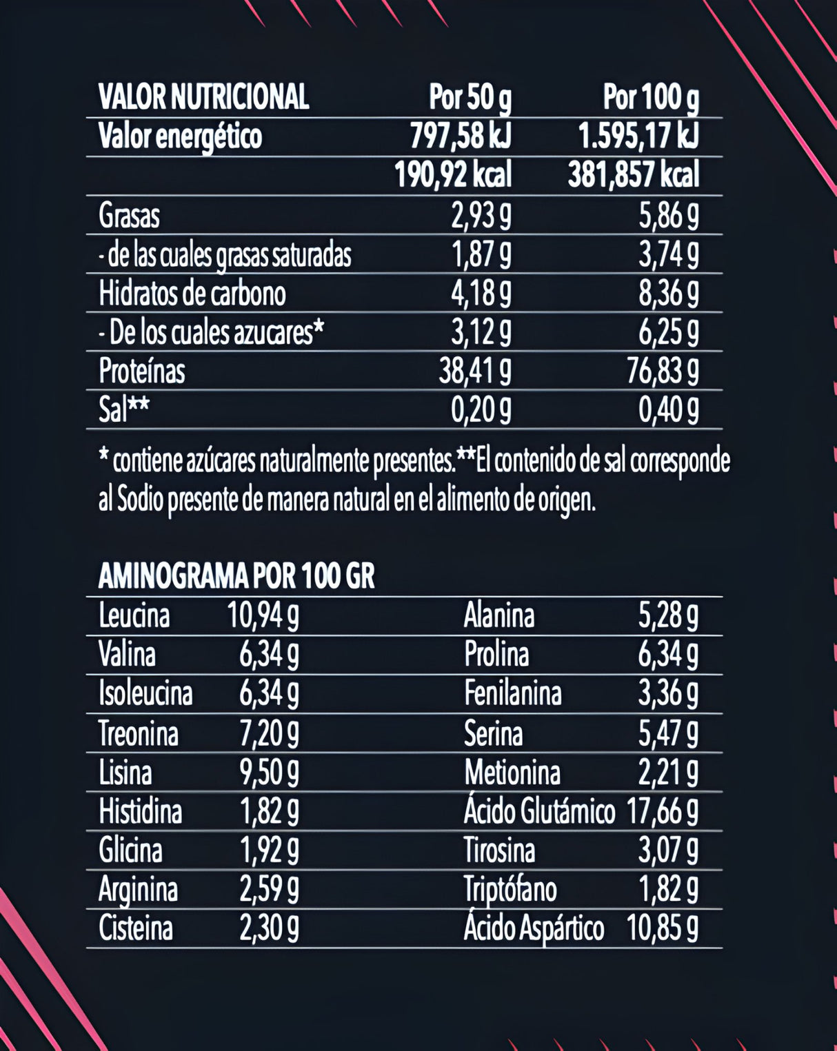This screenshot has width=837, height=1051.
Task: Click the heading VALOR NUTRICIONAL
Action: point(203,97)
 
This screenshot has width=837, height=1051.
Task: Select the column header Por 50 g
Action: point(470,97)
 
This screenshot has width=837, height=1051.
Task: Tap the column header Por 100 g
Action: point(651,97)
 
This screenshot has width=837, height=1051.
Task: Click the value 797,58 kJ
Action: point(461,136)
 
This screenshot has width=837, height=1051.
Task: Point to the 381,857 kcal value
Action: point(633,175)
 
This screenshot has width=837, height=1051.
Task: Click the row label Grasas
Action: point(129,216)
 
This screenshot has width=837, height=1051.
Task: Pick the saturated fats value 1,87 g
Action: point(481,255)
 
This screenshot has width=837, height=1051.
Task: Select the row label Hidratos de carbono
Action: point(192,294)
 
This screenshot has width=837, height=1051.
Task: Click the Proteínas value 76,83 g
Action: point(663,371)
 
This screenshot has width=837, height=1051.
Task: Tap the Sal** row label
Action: point(123,410)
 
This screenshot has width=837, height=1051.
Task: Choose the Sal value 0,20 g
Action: point(481,411)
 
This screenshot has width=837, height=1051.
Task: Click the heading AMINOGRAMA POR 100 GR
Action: point(236,576)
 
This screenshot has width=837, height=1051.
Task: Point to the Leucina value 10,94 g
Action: point(263,615)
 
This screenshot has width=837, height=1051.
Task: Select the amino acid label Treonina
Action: point(138,733)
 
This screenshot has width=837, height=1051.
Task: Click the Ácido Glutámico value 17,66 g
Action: point(662,812)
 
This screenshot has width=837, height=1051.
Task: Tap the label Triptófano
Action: point(510,889)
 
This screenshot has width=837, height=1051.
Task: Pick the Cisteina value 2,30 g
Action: point(269,928)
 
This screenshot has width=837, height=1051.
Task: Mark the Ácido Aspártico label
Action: point(534,928)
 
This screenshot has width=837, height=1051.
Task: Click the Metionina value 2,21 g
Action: point(667,773)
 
